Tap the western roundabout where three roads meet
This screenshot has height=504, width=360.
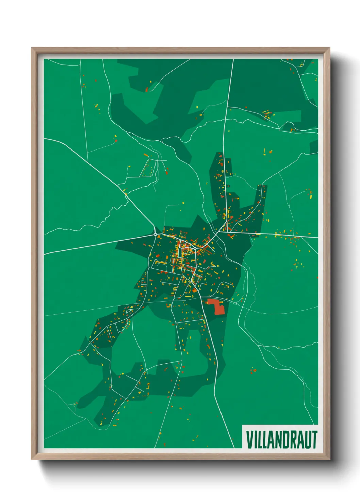[x=155, y=235]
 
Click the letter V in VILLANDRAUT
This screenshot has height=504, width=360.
[x=250, y=440]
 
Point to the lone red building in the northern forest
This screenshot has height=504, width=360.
[x=147, y=90]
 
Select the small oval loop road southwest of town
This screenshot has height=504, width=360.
[x=129, y=310]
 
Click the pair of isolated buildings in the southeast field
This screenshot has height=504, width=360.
[x=253, y=371]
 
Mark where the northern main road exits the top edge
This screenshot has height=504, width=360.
[x=233, y=59]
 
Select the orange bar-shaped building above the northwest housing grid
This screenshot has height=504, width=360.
[x=146, y=155]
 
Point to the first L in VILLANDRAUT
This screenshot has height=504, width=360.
[x=259, y=440]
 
